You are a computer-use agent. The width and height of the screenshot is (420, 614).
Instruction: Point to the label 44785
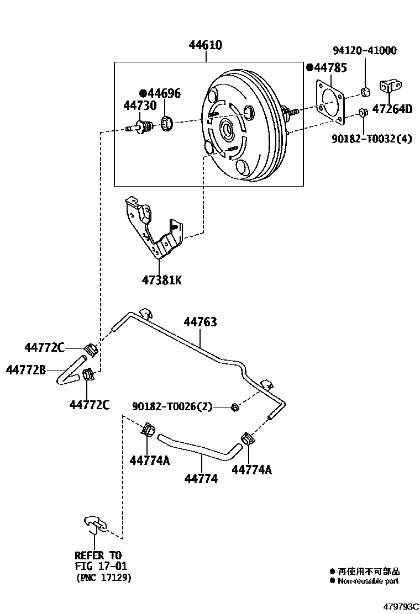coord(330,68)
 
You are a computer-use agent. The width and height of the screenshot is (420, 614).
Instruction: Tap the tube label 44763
coord(200,321)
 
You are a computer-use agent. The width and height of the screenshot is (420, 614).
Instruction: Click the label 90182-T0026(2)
coord(172,406)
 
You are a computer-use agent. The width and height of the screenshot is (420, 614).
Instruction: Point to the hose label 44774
coord(201,479)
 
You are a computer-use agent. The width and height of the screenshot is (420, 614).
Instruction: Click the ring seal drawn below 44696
coord(167,124)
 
